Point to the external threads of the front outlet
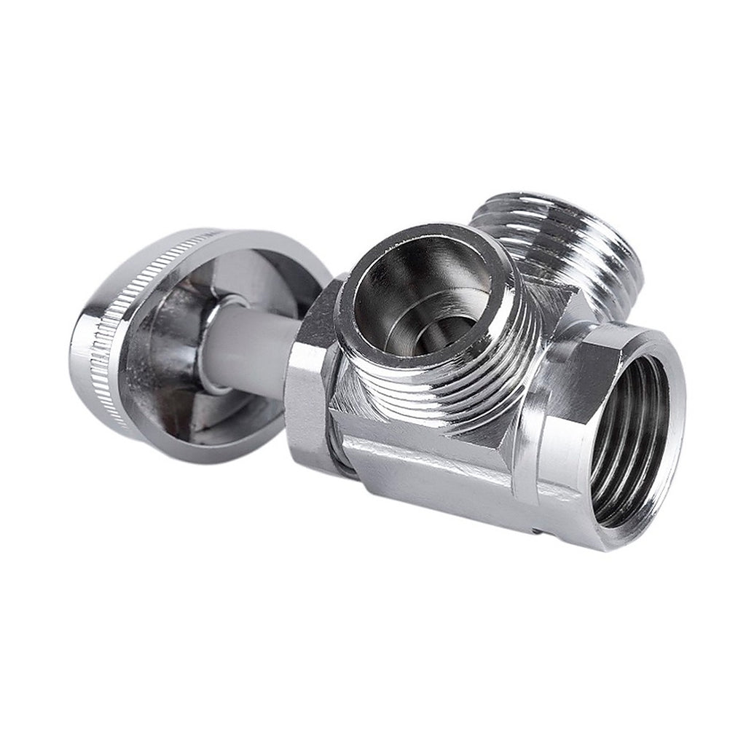(x=466, y=379)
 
